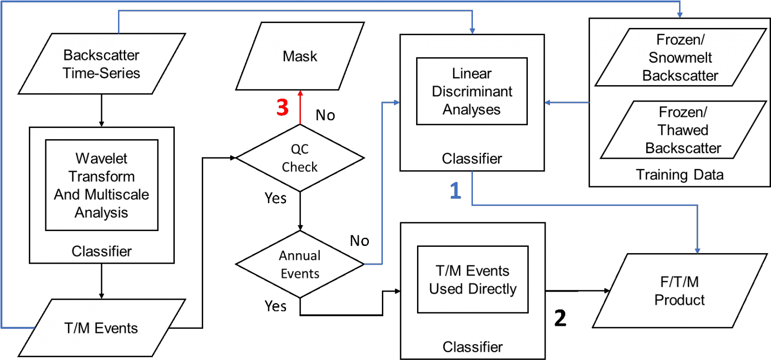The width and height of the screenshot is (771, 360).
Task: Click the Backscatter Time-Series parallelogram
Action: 102,64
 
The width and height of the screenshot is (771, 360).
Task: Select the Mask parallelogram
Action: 300,56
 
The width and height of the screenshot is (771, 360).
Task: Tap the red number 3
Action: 283,107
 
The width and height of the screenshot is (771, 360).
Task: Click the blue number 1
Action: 455,191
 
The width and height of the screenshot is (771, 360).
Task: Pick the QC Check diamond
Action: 300,158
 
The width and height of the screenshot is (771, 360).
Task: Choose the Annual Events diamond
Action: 300,264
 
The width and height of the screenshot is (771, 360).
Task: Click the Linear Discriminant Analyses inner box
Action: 471,91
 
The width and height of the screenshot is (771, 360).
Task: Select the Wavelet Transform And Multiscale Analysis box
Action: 102,185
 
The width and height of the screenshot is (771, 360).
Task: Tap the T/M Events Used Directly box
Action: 472,280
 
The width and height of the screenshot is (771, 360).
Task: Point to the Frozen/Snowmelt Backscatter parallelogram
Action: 680,57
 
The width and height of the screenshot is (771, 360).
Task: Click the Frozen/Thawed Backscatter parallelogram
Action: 683,130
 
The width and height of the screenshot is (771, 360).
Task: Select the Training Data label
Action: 680,175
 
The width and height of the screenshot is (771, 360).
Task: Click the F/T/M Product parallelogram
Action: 680,291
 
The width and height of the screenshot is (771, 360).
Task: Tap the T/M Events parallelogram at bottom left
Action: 102,328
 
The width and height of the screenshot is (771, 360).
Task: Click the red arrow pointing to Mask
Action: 300,108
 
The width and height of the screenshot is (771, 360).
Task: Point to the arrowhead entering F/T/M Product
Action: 697,251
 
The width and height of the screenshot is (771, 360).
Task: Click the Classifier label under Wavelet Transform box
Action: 102,251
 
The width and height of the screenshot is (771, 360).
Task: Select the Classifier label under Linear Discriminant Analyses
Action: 472,159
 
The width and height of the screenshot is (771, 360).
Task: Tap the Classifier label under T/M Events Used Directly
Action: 472,347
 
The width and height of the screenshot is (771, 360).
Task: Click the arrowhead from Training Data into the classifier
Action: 548,103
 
